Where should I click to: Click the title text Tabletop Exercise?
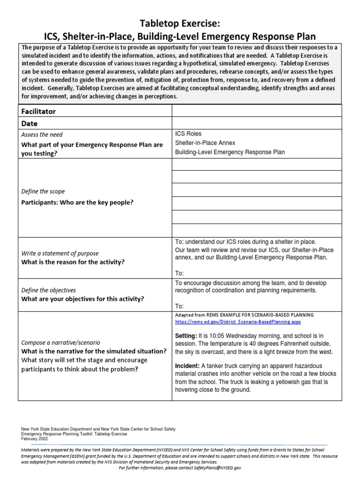180,24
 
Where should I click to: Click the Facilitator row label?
38,111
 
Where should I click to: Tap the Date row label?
30,124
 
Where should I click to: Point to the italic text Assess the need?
42,135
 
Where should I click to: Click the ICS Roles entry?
188,134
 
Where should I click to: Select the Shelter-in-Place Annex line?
205,143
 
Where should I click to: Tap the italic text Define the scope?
43,192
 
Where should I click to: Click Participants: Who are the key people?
77,202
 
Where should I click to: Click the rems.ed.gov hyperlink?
238,322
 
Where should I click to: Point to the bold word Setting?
186,336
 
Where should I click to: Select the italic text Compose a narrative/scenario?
60,342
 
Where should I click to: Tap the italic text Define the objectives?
49,290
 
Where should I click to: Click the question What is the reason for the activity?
73,262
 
